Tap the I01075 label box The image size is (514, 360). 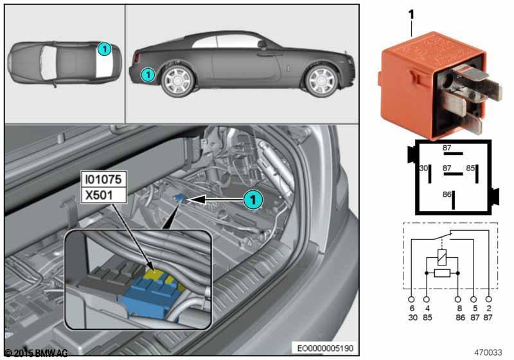(x=102, y=177)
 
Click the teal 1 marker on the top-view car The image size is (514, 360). (x=104, y=48)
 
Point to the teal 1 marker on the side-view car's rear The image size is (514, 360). (x=148, y=75)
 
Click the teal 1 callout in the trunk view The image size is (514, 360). (x=254, y=200)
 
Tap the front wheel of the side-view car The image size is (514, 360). (x=321, y=80)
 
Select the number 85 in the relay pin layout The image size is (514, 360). (x=471, y=168)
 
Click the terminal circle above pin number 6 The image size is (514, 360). (x=411, y=299)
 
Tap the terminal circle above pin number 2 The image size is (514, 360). (x=490, y=299)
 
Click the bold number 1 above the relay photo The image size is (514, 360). (x=411, y=14)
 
